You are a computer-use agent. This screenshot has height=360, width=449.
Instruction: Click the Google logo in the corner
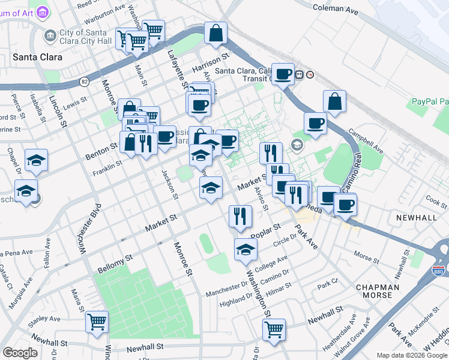click(20, 353)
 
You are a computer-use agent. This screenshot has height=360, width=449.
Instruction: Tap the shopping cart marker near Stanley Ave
click(97, 321)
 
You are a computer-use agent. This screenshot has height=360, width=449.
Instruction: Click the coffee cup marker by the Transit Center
click(283, 74)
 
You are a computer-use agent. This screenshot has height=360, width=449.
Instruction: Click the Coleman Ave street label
click(336, 8)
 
